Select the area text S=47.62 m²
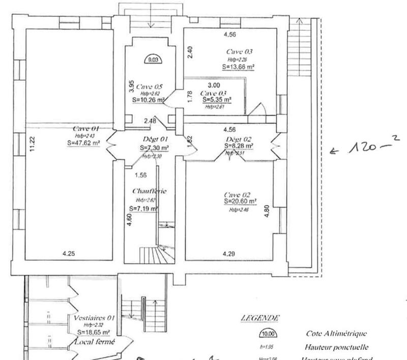point(83,143)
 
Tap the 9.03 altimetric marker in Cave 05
point(153,59)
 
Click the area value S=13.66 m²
point(238,66)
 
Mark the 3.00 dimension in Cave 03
point(214,86)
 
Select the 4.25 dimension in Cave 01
point(69,253)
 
